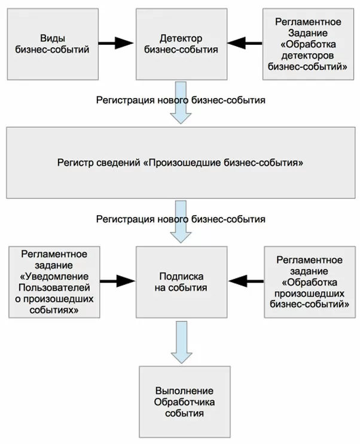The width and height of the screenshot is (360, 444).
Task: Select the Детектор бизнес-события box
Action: coord(180,44)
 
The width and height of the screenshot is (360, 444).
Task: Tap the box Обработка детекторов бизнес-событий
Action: coord(308,44)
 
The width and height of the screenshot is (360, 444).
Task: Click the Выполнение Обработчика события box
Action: coord(180,401)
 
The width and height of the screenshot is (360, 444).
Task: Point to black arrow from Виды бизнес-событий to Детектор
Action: coord(115,42)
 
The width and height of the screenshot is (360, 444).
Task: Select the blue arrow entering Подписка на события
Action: coord(180,234)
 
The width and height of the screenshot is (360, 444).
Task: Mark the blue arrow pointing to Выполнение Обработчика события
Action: coord(180,341)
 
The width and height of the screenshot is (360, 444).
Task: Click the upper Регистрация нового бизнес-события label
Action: coord(180,99)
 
